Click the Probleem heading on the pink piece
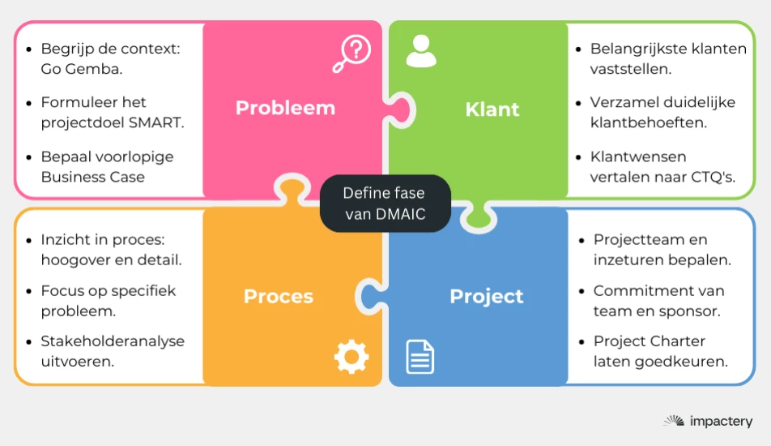285,109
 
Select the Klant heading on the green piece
492,109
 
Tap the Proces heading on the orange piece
278,296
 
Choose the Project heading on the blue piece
486,296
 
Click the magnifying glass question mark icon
352,54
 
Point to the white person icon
420,51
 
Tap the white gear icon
351,357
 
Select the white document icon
420,357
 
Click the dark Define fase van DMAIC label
383,204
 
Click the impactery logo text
720,421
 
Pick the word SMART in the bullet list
158,123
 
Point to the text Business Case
92,177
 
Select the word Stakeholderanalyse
113,341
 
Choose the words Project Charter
649,341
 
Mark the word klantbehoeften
648,123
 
